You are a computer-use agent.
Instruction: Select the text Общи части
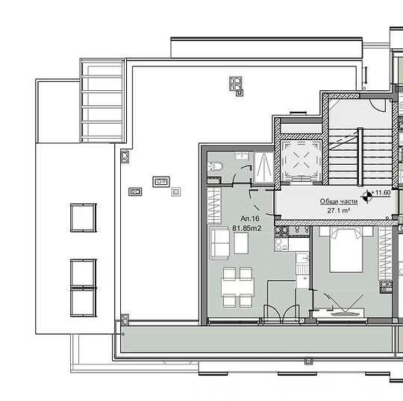click(338, 201)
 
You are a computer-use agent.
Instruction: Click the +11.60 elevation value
click(382, 193)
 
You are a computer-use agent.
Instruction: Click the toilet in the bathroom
click(213, 167)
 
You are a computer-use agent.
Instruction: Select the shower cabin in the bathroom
click(263, 168)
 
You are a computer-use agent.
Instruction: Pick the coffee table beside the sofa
click(246, 241)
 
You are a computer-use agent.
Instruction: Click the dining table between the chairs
click(237, 285)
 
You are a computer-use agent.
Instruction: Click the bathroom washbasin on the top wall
click(241, 156)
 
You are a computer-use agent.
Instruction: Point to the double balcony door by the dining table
click(276, 312)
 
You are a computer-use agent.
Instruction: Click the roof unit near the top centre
click(237, 85)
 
